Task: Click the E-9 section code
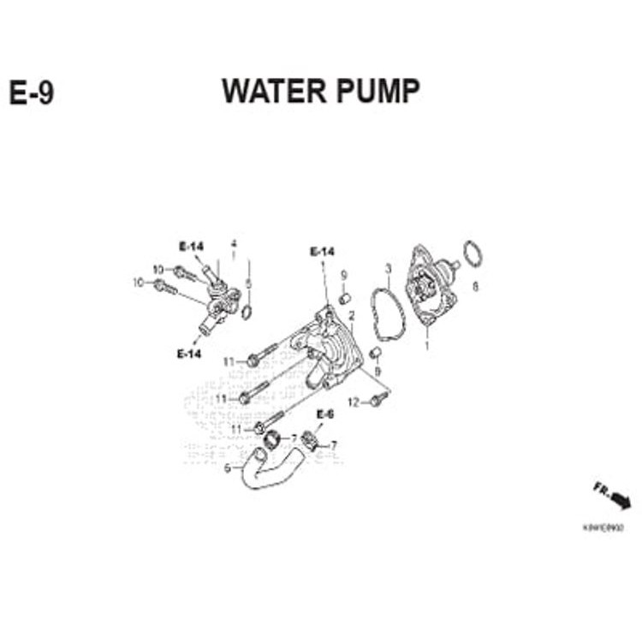32,93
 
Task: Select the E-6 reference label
325,414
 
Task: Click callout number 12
353,402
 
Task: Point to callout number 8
476,287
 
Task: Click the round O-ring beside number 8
472,253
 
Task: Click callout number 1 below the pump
427,347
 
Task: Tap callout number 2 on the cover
352,316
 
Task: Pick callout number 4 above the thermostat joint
233,243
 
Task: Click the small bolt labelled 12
375,399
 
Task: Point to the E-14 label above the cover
322,251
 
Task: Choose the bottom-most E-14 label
189,354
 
